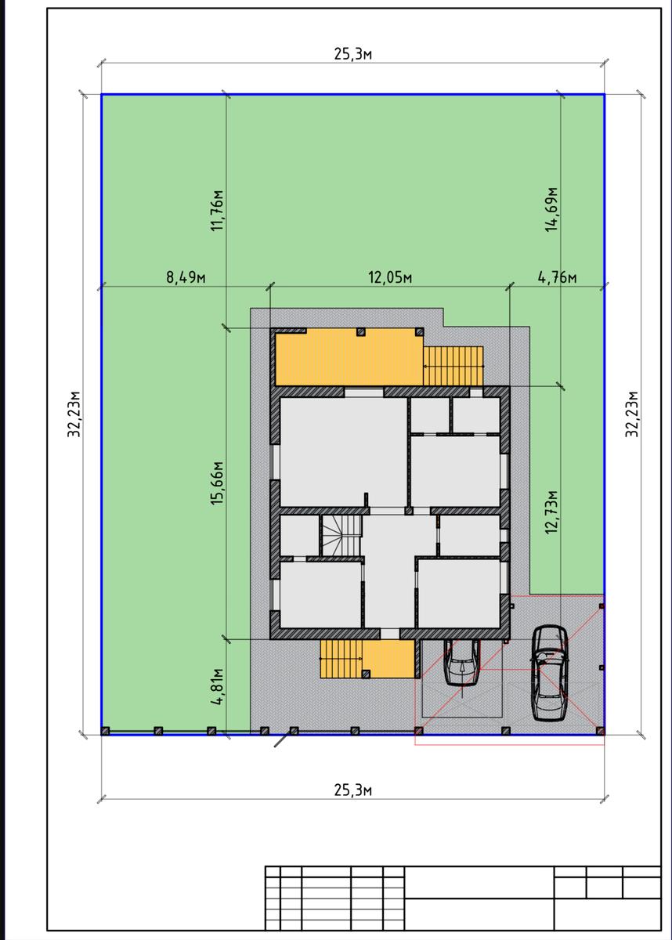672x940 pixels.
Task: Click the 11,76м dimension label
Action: pyautogui.click(x=218, y=210)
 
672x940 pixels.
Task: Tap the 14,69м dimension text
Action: pyautogui.click(x=551, y=209)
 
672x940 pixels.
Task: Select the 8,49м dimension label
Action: pyautogui.click(x=186, y=277)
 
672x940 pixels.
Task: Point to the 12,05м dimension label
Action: pyautogui.click(x=390, y=277)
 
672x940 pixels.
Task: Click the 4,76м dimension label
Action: pyautogui.click(x=557, y=277)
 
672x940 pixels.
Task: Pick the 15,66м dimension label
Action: pyautogui.click(x=218, y=483)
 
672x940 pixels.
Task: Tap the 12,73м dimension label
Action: pyautogui.click(x=551, y=512)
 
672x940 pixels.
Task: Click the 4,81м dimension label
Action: pyautogui.click(x=218, y=687)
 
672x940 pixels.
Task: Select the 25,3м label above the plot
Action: pyautogui.click(x=352, y=54)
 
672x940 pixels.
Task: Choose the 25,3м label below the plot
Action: pyautogui.click(x=352, y=790)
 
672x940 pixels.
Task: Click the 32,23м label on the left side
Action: pyautogui.click(x=74, y=414)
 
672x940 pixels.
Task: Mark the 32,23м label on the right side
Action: pyautogui.click(x=632, y=414)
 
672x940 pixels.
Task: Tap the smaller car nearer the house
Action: pyautogui.click(x=462, y=663)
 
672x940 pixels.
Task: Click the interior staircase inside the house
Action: pyautogui.click(x=341, y=536)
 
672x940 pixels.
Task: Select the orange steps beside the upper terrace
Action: pyautogui.click(x=453, y=366)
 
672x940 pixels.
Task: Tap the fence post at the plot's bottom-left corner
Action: pyautogui.click(x=105, y=731)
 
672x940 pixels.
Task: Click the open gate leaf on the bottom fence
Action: pyautogui.click(x=282, y=739)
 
